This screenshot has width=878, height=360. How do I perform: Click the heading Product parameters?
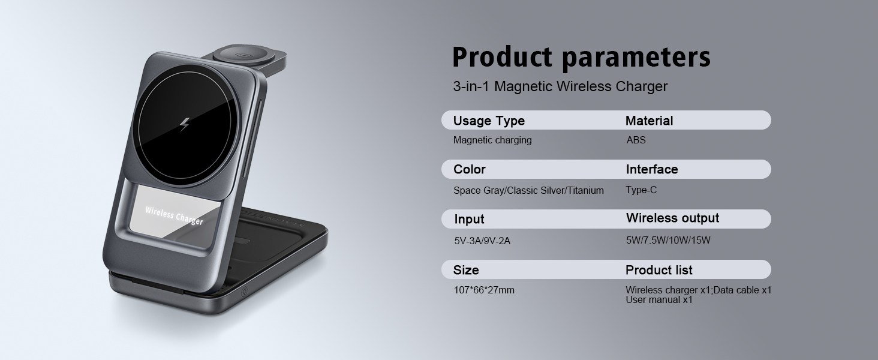coord(581,58)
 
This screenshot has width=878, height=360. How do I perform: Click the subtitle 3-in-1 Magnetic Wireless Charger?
coord(560,86)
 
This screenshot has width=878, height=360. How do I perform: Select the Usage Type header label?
coord(489,121)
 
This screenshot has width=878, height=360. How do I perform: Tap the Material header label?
coord(649,121)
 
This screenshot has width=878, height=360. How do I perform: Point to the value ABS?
coord(636,140)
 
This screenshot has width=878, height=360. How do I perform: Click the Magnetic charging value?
coord(492,140)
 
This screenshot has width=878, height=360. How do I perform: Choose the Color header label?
coord(470,169)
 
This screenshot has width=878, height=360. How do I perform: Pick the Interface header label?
coord(652,169)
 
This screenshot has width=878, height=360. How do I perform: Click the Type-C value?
coord(641,190)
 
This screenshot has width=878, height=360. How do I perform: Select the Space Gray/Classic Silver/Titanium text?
coord(528,191)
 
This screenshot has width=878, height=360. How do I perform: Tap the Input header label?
coord(469,219)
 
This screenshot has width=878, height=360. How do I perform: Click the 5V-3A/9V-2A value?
coord(482,241)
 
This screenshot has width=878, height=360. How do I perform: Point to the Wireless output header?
coord(672,218)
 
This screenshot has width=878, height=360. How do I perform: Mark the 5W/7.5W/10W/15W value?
coord(668,241)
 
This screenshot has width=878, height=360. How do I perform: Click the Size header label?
coord(466,270)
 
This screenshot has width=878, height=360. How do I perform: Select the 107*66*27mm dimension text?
coord(484,290)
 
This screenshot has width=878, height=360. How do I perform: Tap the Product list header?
coord(659,270)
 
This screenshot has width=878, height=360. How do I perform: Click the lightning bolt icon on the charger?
coord(184,124)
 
